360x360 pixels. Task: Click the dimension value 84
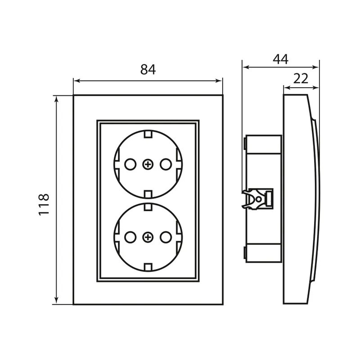tap(148, 70)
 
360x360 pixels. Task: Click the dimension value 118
tap(43, 204)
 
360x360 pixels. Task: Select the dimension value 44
tap(280, 58)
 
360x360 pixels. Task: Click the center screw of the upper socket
tap(148, 165)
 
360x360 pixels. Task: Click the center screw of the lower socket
tap(148, 237)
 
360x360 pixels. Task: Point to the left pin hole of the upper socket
tap(130, 165)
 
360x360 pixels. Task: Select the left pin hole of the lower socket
tap(130, 237)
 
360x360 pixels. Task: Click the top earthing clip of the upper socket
tap(148, 134)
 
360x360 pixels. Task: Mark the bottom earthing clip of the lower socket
tap(148, 267)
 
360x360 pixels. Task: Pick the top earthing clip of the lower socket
tap(148, 207)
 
